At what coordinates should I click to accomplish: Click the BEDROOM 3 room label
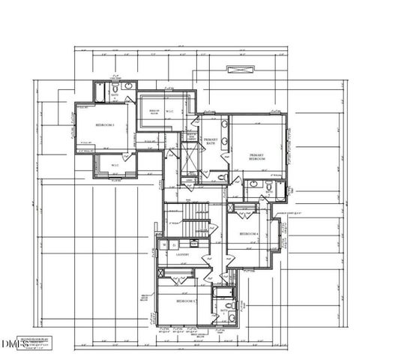click(x=104, y=125)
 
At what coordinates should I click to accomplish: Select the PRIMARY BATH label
click(x=211, y=142)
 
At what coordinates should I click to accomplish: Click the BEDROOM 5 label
click(x=186, y=301)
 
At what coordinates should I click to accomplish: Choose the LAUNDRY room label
click(x=181, y=255)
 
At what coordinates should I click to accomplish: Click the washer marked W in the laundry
click(x=164, y=244)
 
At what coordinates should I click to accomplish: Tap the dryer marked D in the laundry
click(x=174, y=244)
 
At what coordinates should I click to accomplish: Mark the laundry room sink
click(x=194, y=242)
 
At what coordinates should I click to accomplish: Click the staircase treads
click(x=196, y=221)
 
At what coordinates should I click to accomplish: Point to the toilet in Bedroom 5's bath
click(x=232, y=306)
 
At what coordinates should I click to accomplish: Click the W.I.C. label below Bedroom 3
click(x=115, y=165)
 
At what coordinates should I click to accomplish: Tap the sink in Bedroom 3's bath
click(x=128, y=87)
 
